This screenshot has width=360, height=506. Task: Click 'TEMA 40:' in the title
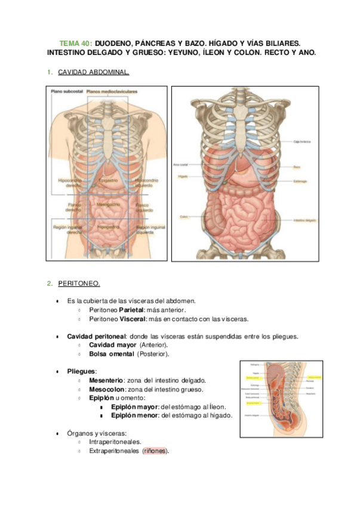(x=76, y=44)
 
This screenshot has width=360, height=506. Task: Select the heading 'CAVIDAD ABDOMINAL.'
(x=94, y=73)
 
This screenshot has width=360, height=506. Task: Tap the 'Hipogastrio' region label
(x=108, y=227)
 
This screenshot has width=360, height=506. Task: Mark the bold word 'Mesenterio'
(x=106, y=379)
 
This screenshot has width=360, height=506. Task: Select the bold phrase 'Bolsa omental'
(x=112, y=354)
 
